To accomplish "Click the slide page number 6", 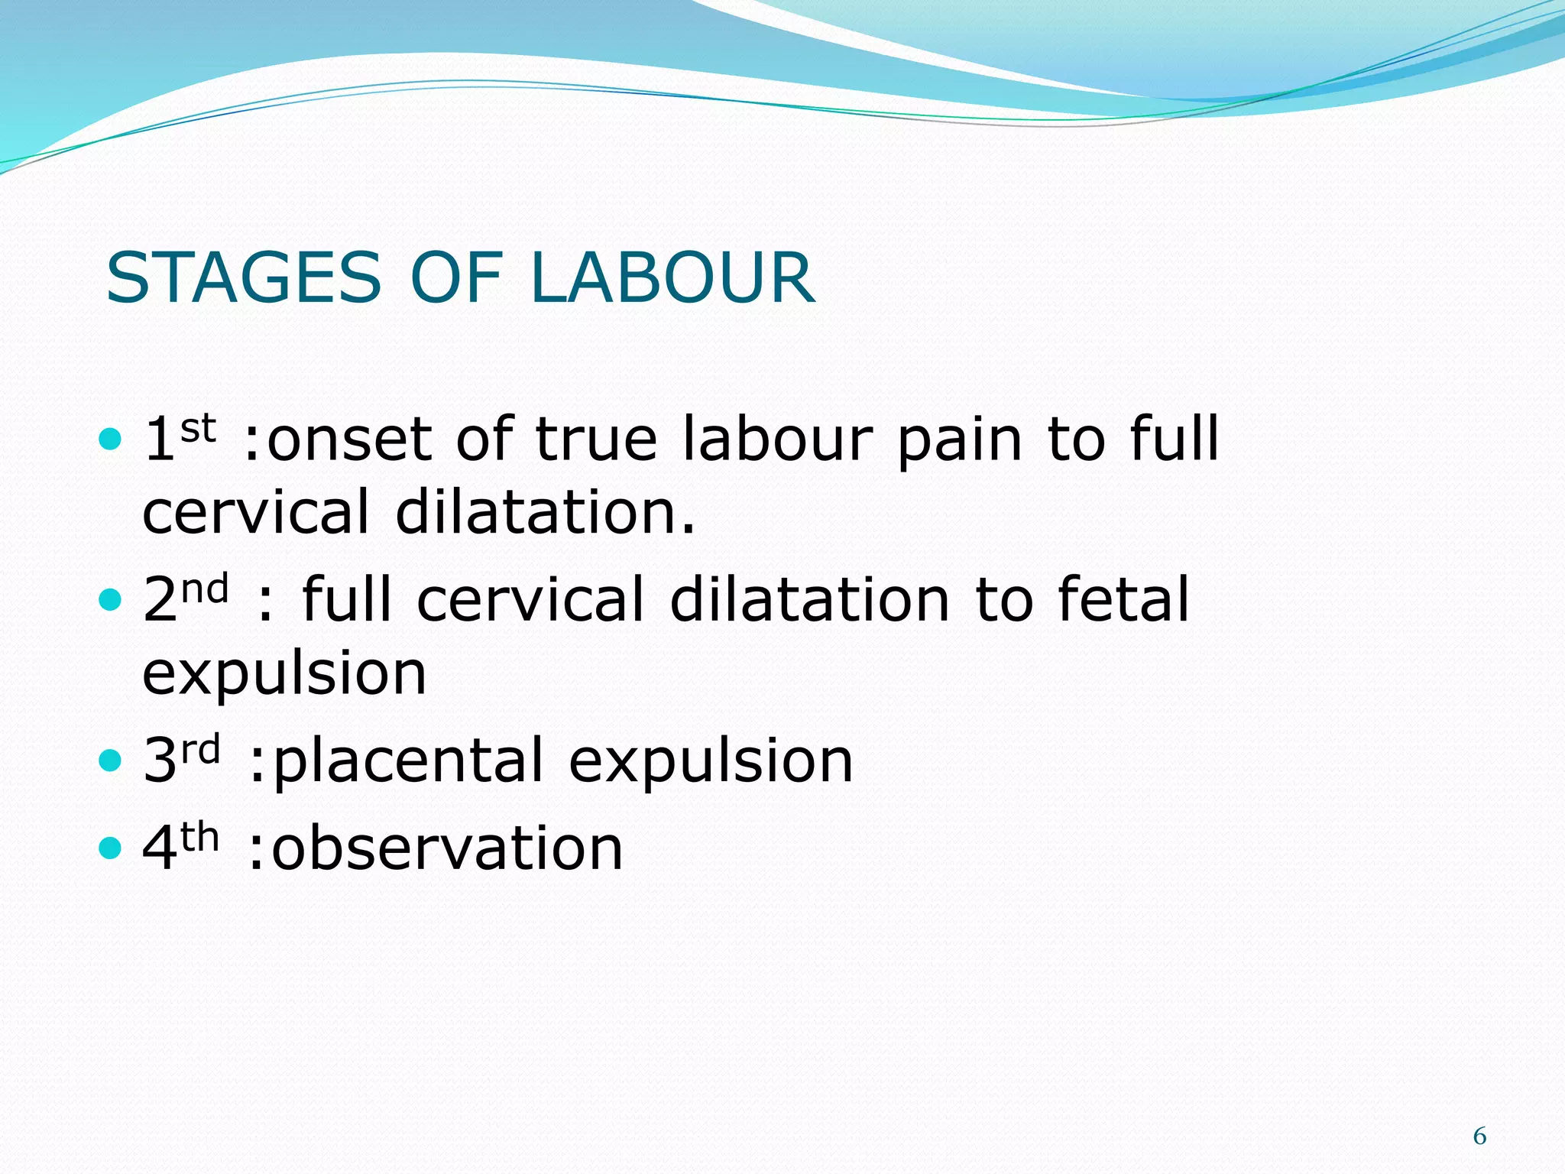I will pos(1479,1137).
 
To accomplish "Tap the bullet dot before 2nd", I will pos(111,600).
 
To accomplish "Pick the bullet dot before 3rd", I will pos(111,761).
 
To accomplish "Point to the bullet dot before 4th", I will pos(111,848).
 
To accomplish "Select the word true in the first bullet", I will pos(596,440).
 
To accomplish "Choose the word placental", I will pos(408,761).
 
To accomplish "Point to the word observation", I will pos(447,848).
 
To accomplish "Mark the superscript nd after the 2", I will pos(205,589).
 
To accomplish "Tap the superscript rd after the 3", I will pos(201,750).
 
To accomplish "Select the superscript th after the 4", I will pos(200,838).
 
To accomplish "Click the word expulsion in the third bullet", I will pos(711,761).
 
